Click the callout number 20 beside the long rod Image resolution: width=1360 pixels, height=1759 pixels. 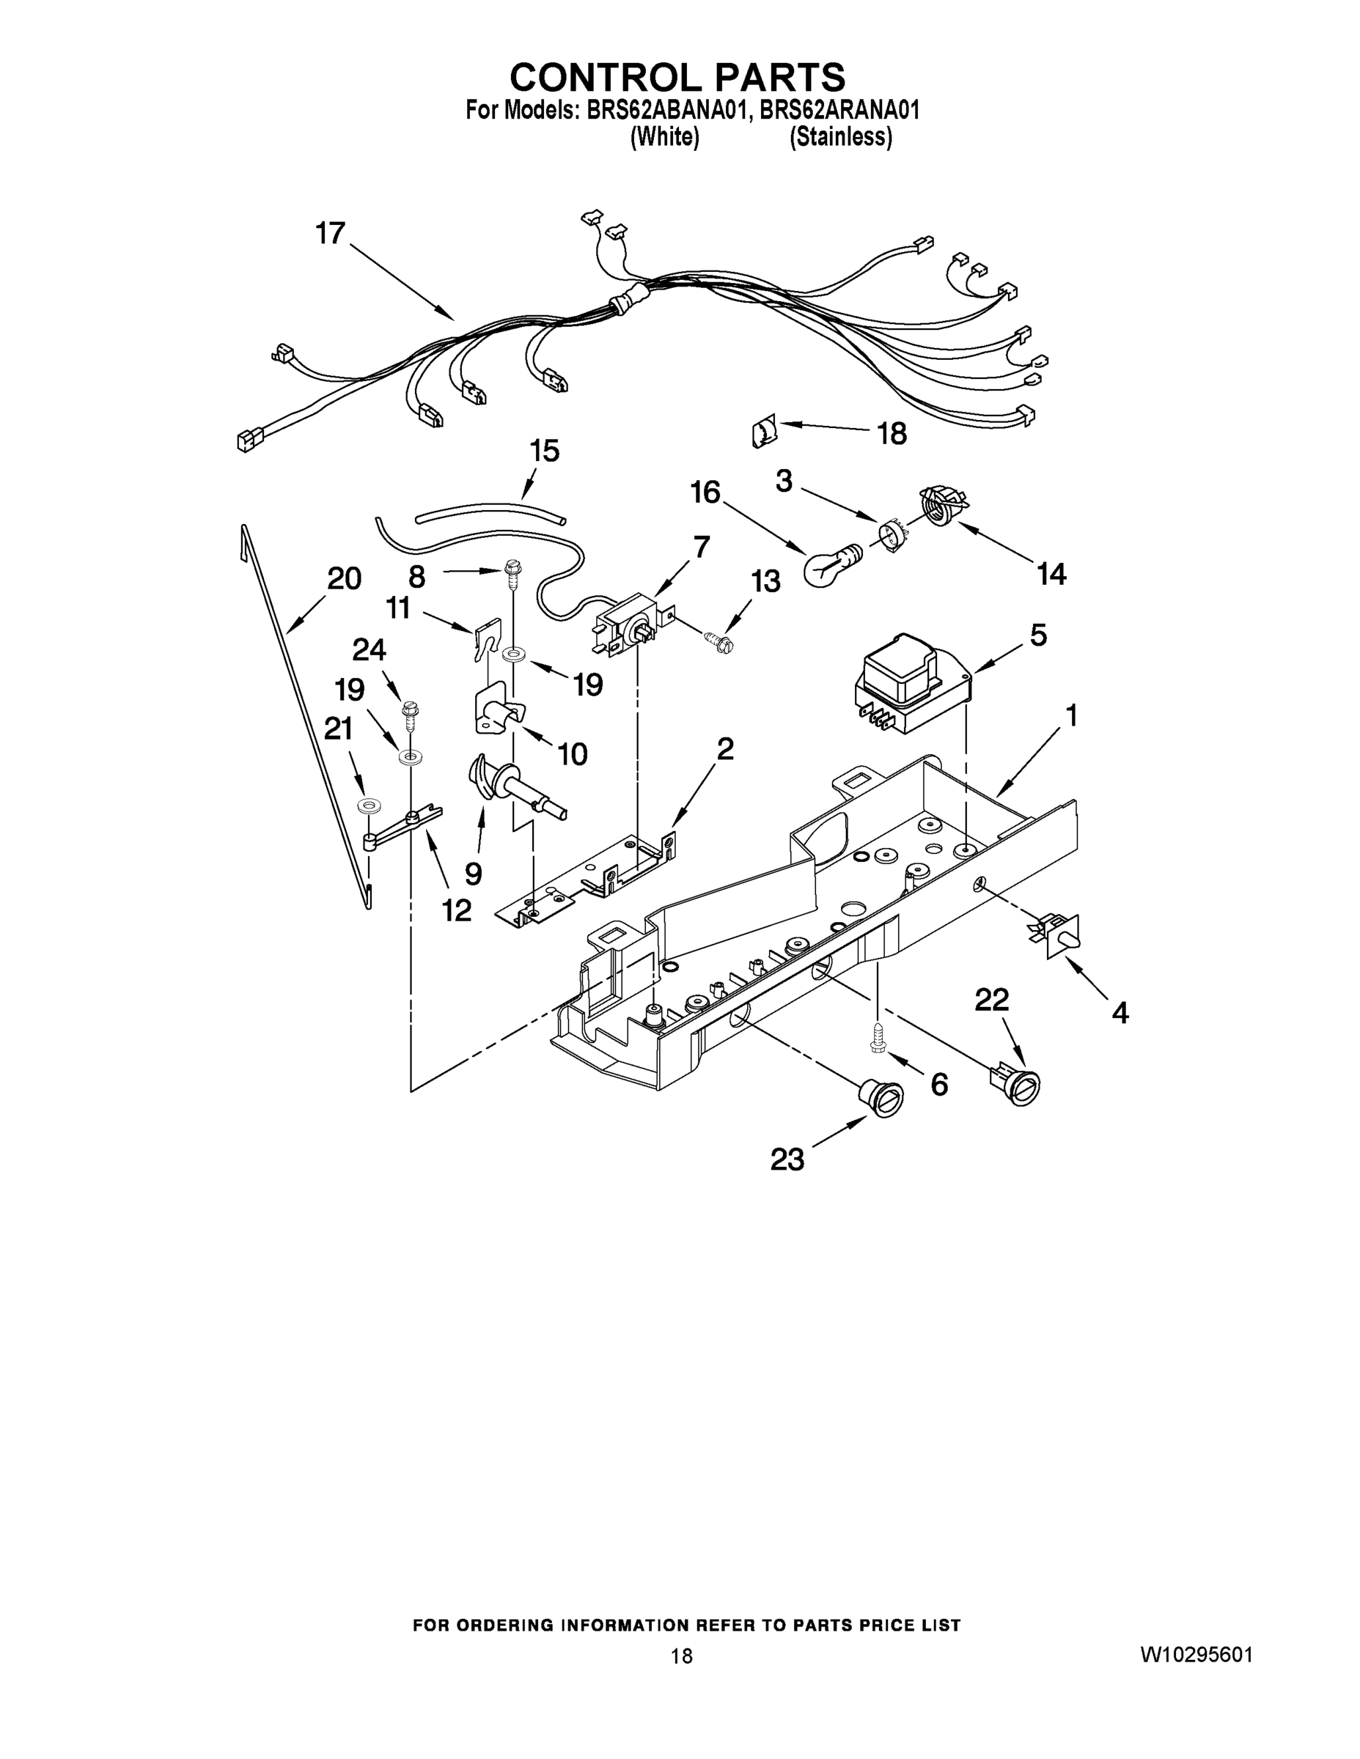[344, 578]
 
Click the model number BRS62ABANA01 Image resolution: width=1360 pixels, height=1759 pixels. [666, 111]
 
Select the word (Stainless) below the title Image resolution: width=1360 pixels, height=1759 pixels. [840, 138]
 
